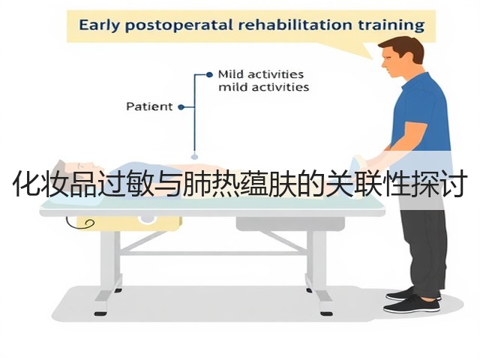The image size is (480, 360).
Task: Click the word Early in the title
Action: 98,25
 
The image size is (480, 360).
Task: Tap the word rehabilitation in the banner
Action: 295,25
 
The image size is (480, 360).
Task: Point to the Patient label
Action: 149,106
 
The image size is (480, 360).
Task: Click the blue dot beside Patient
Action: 181,107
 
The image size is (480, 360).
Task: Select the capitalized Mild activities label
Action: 261,74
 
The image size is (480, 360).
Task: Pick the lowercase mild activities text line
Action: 263,87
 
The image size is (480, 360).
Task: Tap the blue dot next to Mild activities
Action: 209,74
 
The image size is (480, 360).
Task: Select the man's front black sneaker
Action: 411,305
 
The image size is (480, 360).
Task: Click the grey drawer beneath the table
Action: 290,224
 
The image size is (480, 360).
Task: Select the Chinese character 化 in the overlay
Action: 27,184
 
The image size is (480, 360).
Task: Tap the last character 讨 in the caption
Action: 452,184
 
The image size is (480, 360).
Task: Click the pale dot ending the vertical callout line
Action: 194,157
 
